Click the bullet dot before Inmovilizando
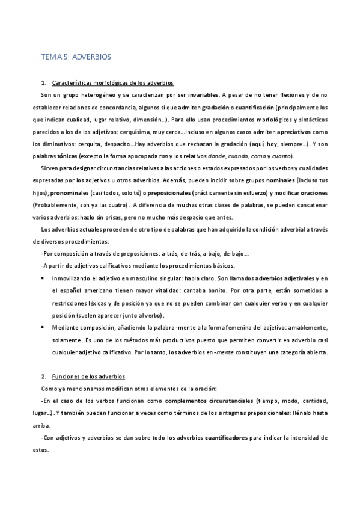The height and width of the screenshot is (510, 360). [41, 279]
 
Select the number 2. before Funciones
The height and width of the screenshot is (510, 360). [42, 376]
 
